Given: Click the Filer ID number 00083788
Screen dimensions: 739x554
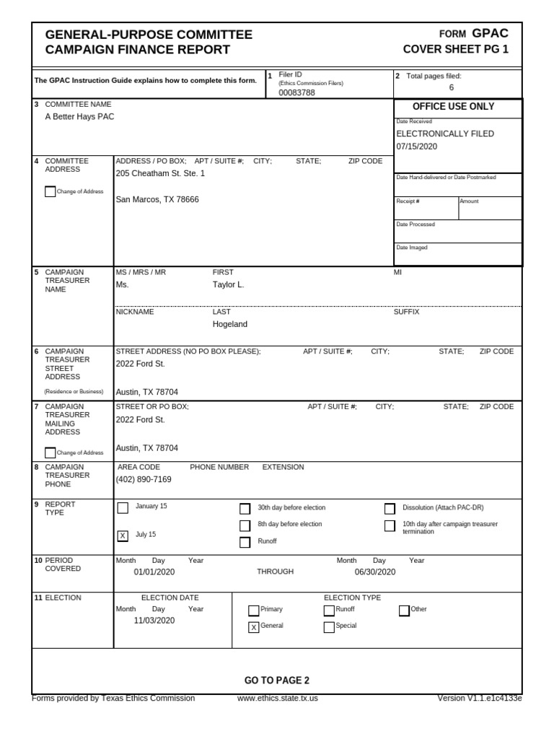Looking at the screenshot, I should [x=296, y=92].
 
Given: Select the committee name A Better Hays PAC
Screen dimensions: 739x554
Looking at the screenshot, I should [x=79, y=116].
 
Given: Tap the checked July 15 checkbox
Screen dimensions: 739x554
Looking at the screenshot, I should [x=123, y=535].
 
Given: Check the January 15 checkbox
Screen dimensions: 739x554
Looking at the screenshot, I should [x=123, y=507].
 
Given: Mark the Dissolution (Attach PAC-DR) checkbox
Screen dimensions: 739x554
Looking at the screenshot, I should [x=390, y=508].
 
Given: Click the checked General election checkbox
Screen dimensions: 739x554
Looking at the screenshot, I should [x=253, y=627].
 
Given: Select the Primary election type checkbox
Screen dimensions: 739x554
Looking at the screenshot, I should [x=253, y=611].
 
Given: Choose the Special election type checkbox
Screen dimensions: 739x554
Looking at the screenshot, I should [x=329, y=627].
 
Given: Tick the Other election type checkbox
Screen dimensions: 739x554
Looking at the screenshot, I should [x=404, y=611].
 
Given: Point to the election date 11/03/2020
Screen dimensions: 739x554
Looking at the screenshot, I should [x=154, y=620].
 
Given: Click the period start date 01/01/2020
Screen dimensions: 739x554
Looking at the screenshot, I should [x=154, y=572].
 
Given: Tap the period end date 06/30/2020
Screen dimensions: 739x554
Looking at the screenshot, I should [x=375, y=572].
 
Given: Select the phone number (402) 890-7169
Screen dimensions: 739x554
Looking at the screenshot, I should [x=144, y=479].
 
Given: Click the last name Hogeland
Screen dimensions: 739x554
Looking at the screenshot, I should [x=229, y=324].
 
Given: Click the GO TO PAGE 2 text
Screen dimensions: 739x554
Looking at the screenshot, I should [x=277, y=680].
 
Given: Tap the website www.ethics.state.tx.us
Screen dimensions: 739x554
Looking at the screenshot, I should [x=277, y=698].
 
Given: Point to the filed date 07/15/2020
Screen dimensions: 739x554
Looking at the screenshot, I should [x=417, y=147].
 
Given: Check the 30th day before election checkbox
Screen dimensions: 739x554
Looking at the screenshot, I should [x=245, y=508].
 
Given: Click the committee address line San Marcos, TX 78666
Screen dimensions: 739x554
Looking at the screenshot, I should [x=157, y=199].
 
